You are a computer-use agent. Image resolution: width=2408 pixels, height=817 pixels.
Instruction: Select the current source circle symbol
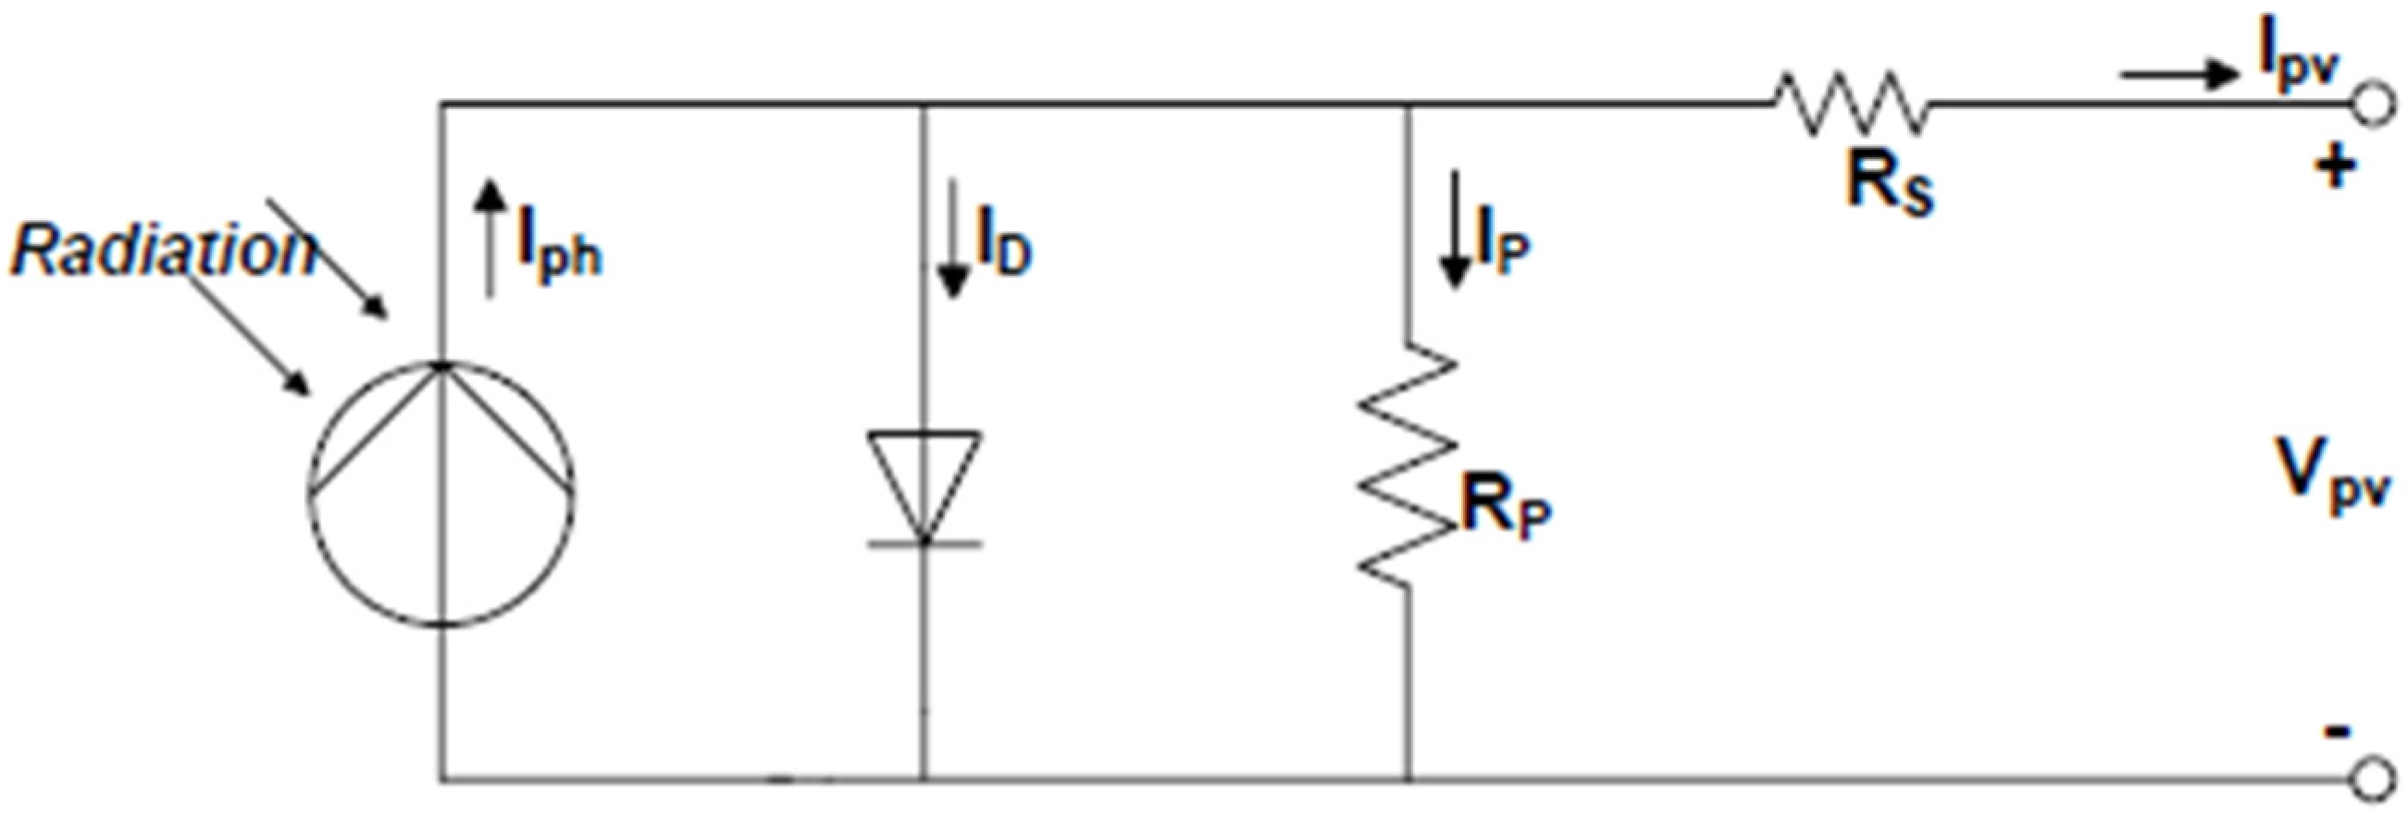(x=441, y=492)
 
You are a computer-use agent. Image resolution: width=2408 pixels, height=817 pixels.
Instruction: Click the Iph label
(x=559, y=253)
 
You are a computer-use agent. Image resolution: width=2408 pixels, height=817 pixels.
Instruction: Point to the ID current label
(x=1003, y=248)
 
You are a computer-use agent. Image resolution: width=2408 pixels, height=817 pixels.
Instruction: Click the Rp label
(x=1503, y=512)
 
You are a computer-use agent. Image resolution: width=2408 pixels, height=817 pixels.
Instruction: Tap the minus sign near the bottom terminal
(x=2337, y=732)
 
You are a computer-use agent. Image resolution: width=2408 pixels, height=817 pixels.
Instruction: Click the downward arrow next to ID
(x=951, y=240)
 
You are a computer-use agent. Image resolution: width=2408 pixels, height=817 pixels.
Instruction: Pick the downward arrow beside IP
(x=1454, y=229)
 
